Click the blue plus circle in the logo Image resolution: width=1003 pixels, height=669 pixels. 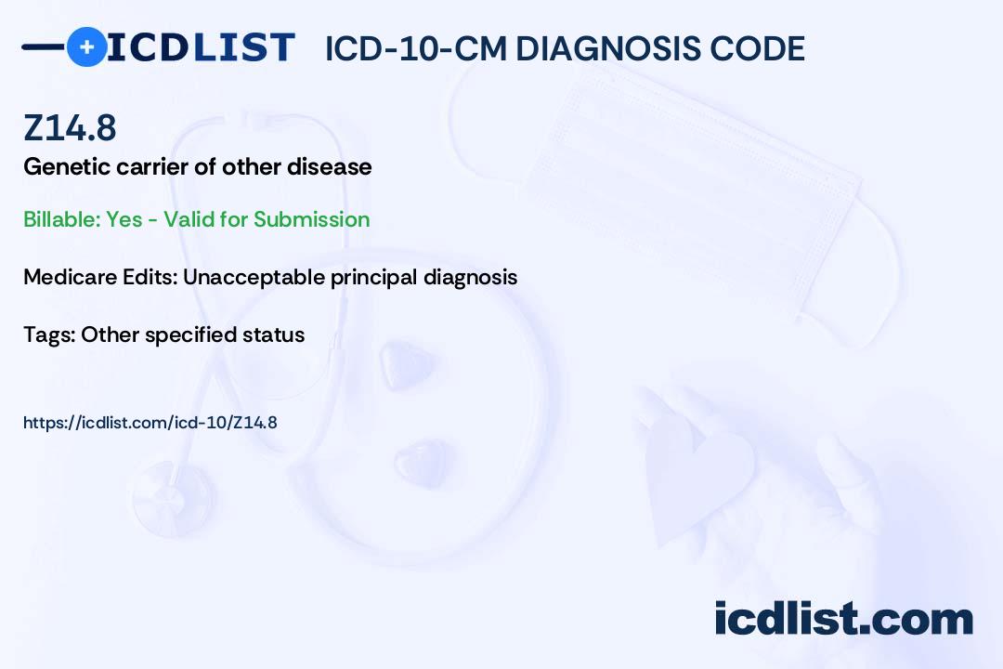click(86, 46)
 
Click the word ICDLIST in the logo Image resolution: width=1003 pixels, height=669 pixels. click(201, 47)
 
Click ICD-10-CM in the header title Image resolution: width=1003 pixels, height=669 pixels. click(416, 48)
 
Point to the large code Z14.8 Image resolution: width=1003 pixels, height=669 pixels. click(70, 127)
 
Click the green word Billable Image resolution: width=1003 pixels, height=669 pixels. click(61, 219)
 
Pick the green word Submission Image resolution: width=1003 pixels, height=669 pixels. click(311, 219)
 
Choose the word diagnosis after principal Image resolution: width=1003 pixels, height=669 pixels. click(470, 277)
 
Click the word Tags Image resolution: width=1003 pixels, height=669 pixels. click(49, 334)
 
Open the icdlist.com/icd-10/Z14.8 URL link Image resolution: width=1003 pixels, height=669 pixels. click(150, 423)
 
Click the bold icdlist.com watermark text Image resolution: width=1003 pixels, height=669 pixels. click(843, 619)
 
